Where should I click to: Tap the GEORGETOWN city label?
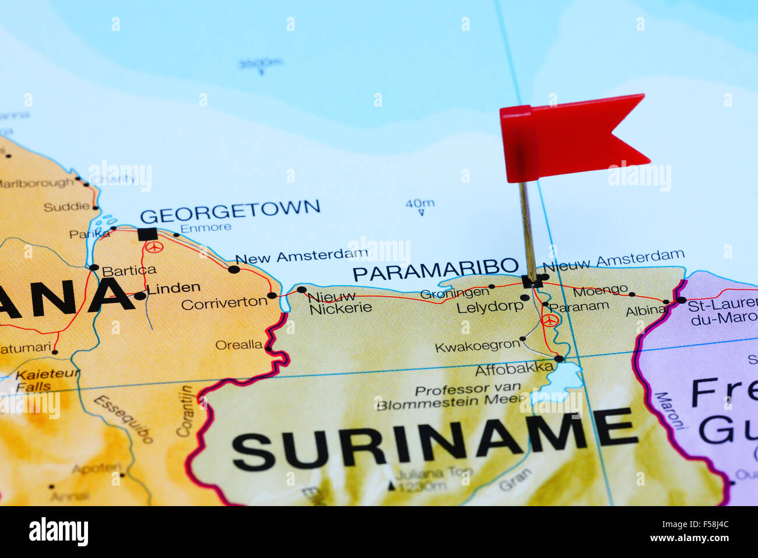230,211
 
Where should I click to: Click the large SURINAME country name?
434,440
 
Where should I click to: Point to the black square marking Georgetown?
148,234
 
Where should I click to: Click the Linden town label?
173,288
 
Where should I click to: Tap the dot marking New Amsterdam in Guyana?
234,269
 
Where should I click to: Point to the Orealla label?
238,345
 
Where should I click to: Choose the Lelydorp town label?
490,307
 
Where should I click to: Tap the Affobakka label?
514,369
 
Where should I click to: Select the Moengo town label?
600,290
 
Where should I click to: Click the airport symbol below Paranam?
549,320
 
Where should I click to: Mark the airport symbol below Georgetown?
153,247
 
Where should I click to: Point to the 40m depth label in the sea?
420,203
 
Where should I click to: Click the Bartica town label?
129,271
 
